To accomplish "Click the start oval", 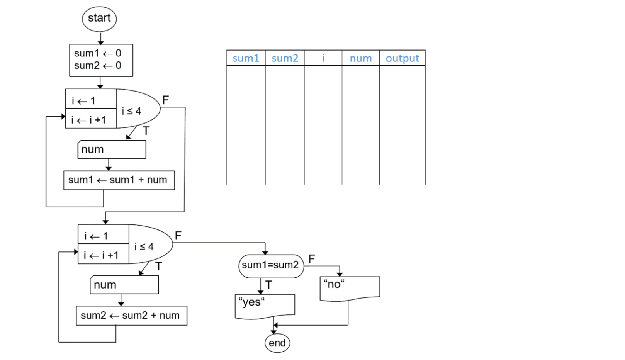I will [99, 19].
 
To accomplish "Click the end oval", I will [277, 343].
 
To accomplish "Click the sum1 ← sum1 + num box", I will [119, 180].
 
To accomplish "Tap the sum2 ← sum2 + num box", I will [131, 316].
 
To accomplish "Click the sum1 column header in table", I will [246, 58].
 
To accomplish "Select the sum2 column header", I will [285, 58].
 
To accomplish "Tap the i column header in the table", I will [323, 58].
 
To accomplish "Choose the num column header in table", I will [360, 58].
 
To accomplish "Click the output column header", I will [402, 58].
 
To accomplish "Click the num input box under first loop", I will [112, 149].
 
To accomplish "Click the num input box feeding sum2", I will [124, 285].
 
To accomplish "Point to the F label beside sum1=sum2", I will [312, 258].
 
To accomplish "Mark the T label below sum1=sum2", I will [269, 285].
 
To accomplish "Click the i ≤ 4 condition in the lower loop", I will [144, 246].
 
